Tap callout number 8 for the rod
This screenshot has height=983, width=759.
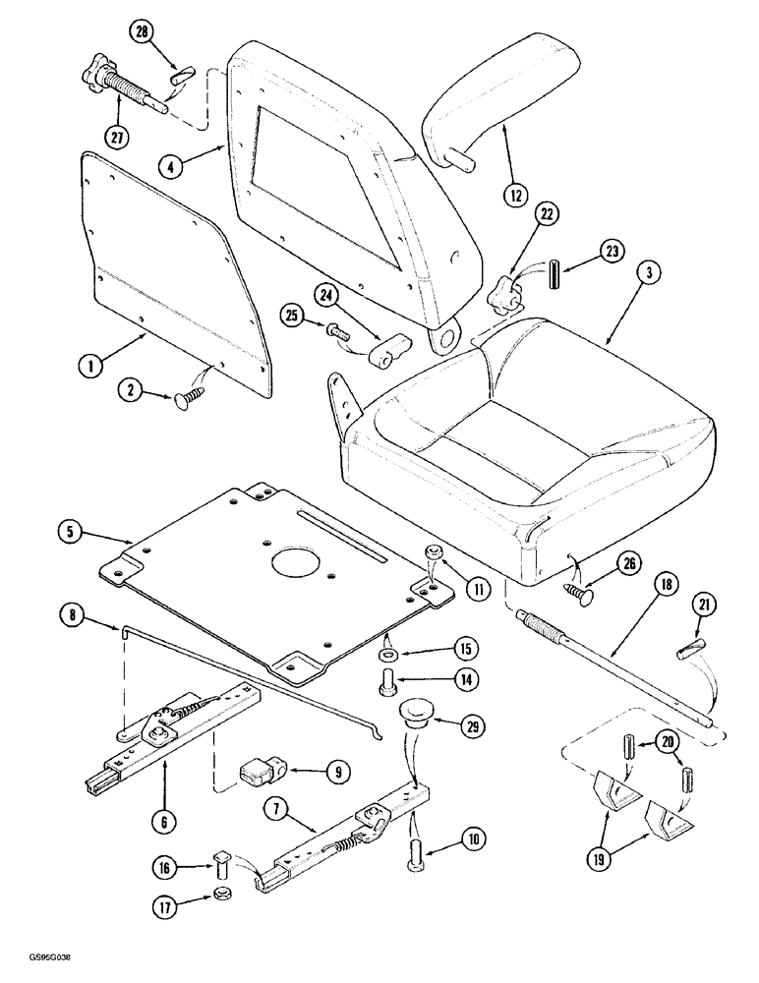click(x=71, y=618)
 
